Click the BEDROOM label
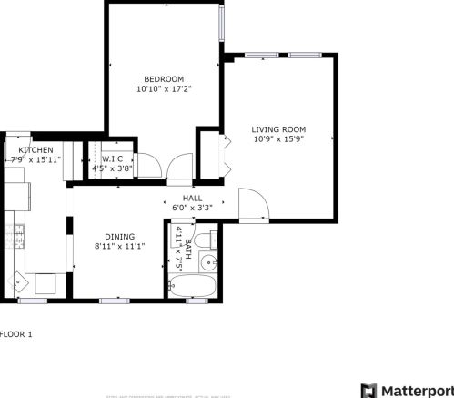[164, 78]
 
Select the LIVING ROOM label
[278, 129]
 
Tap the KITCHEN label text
[35, 149]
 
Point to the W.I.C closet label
[112, 158]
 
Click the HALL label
[192, 198]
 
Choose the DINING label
[119, 236]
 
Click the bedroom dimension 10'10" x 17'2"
[164, 89]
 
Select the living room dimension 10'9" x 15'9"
[278, 140]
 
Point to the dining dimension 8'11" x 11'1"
[119, 246]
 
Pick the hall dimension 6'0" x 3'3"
[192, 208]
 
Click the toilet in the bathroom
[211, 240]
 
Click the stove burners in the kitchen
[16, 236]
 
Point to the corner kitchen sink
[19, 281]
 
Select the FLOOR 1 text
[16, 334]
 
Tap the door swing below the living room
[253, 203]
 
